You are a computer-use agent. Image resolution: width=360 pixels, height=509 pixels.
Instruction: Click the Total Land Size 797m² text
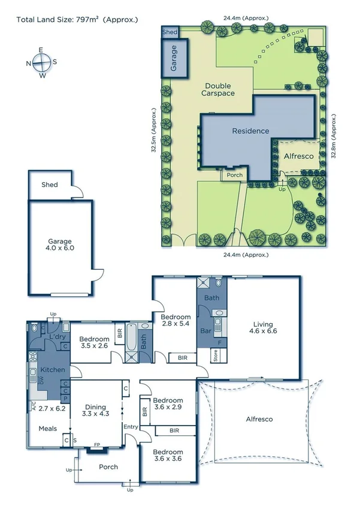pos(77,20)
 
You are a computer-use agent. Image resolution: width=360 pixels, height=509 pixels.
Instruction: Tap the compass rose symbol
pos(41,62)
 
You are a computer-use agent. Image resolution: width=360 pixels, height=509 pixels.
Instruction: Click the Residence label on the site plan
pos(250,131)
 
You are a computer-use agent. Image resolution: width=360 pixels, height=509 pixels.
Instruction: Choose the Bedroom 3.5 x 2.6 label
pos(94,342)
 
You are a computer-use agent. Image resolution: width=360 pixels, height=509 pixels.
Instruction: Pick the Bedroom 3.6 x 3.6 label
pos(168,455)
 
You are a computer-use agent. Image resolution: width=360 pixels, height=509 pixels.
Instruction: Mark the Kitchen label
pos(52,370)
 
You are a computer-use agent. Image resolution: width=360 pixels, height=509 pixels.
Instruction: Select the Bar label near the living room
pos(206,330)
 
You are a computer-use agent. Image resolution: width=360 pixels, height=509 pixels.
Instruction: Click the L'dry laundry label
pos(58,337)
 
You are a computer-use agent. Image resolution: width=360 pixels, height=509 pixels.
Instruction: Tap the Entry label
pos(130,427)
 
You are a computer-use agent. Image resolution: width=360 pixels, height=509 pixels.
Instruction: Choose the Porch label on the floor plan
pos(108,467)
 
